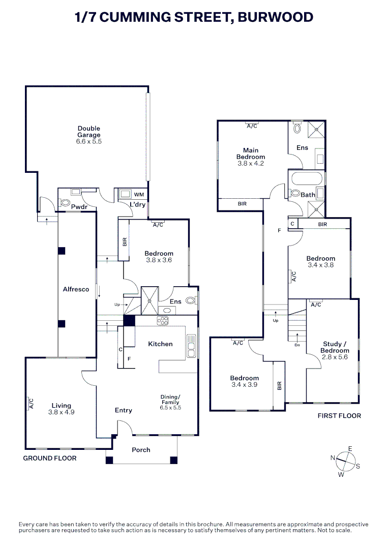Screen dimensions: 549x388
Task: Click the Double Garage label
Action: click(89, 132)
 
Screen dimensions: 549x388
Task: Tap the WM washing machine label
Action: click(138, 195)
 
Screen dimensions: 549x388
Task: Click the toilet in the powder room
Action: click(65, 203)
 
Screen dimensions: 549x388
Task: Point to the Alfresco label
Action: click(76, 289)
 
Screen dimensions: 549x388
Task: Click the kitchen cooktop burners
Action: click(163, 320)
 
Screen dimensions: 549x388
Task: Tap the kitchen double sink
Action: click(192, 346)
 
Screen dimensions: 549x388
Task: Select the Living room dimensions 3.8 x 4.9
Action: click(61, 412)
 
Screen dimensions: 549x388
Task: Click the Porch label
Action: click(141, 450)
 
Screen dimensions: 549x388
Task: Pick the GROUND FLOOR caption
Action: click(50, 458)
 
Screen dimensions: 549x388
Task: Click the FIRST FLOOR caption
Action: click(339, 416)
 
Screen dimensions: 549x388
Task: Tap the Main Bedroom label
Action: click(251, 154)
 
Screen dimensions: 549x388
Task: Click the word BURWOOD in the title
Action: click(272, 17)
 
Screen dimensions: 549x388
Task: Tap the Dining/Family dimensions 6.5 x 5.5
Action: click(170, 408)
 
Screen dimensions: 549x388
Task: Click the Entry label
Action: click(123, 410)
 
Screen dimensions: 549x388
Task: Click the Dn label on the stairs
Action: click(297, 345)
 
